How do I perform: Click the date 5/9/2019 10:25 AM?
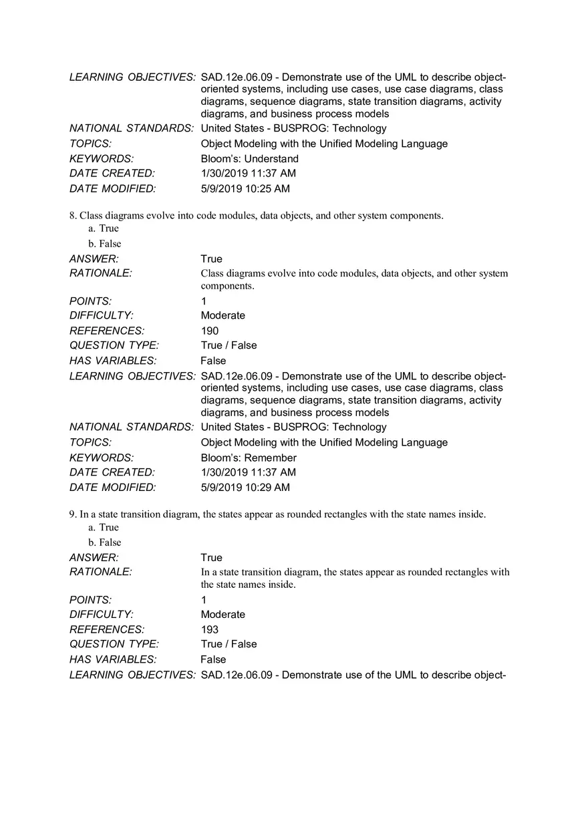(245, 189)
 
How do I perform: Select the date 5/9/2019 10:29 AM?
(245, 488)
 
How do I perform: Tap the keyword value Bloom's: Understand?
(249, 159)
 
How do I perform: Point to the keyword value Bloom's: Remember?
(249, 458)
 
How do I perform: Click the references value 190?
(209, 331)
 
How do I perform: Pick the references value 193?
(209, 629)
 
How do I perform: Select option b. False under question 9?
(105, 542)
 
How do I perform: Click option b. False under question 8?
(105, 244)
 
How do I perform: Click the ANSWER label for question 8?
(94, 259)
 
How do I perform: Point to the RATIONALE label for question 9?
(101, 572)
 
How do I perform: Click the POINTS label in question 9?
(90, 600)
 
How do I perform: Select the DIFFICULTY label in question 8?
(102, 315)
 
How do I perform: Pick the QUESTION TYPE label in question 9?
(114, 644)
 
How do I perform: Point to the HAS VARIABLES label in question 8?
(113, 361)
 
